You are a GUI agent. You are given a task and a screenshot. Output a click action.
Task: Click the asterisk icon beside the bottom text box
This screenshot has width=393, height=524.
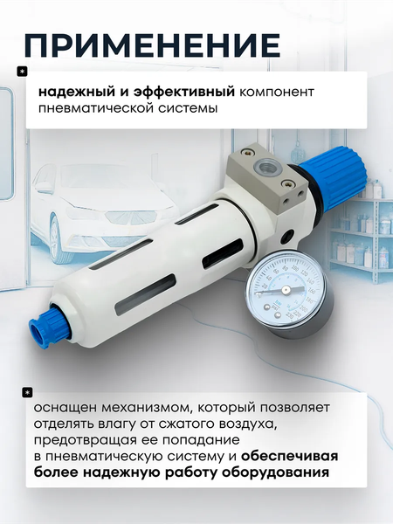[27, 391]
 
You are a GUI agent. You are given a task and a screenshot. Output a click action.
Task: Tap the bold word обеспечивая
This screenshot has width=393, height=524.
[292, 457]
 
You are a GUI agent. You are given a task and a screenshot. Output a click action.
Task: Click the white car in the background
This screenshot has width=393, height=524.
[87, 210]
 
